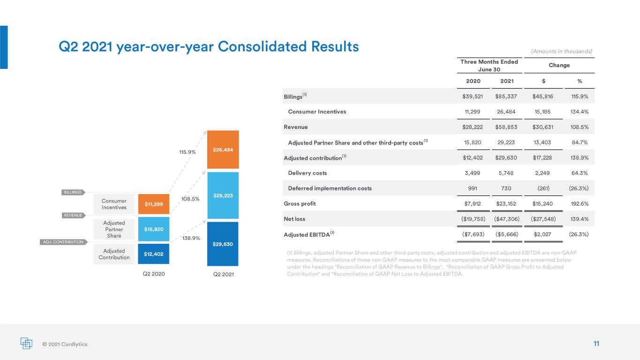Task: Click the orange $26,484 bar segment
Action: coord(223,150)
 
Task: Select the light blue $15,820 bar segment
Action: coord(154,229)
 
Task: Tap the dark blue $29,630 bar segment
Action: coord(223,244)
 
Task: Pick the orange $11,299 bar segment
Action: coord(154,204)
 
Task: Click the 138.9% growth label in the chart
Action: coord(191,238)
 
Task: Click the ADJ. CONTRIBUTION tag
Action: coord(63,242)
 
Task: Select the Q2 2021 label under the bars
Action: coord(224,274)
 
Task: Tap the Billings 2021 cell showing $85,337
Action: coord(506,96)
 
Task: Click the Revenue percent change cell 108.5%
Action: coord(580,127)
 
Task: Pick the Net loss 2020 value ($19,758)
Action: coord(473,219)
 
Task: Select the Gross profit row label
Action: coord(300,204)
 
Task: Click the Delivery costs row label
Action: coord(308,173)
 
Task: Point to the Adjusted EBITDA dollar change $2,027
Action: coord(542,234)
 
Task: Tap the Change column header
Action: coord(559,65)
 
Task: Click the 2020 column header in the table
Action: coord(473,81)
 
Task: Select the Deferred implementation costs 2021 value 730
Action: coord(506,188)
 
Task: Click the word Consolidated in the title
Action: coord(262,46)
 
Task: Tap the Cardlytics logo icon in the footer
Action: coord(26,343)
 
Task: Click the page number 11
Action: coord(596,344)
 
